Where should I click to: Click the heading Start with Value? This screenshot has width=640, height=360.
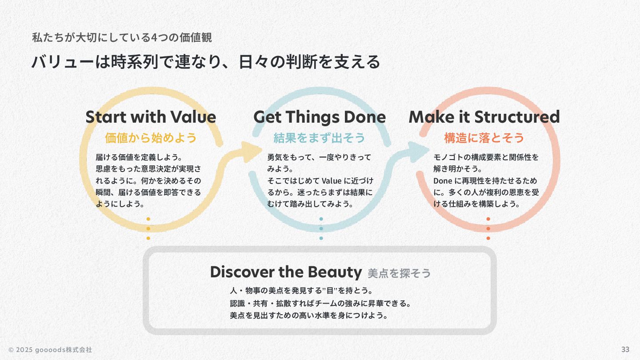click(151, 117)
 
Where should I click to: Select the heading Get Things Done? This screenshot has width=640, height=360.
click(319, 117)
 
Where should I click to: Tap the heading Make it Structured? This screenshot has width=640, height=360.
click(484, 117)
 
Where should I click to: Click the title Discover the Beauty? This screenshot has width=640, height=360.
click(286, 272)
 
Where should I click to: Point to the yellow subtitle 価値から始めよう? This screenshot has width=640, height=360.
click(151, 138)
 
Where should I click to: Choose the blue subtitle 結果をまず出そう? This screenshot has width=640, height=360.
click(319, 138)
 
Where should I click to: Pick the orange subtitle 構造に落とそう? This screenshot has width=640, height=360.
click(484, 138)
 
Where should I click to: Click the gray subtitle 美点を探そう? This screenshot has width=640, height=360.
click(399, 273)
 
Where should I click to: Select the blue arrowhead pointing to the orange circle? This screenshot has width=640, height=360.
click(416, 152)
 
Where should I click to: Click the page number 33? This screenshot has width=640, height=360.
click(625, 349)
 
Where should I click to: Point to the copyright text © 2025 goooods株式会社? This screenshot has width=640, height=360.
click(50, 350)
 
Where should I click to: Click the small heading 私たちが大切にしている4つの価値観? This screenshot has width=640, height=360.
click(122, 38)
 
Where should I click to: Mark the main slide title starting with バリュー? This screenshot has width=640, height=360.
click(206, 62)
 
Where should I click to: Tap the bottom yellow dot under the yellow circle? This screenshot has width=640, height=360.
click(148, 238)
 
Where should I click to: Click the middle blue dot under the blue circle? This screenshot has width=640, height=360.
click(321, 228)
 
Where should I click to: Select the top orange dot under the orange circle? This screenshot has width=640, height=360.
click(488, 219)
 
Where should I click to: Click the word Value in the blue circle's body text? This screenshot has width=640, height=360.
click(331, 181)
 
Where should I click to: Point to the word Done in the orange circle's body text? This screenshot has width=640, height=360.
click(442, 181)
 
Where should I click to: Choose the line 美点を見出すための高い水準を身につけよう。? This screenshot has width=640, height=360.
click(309, 316)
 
